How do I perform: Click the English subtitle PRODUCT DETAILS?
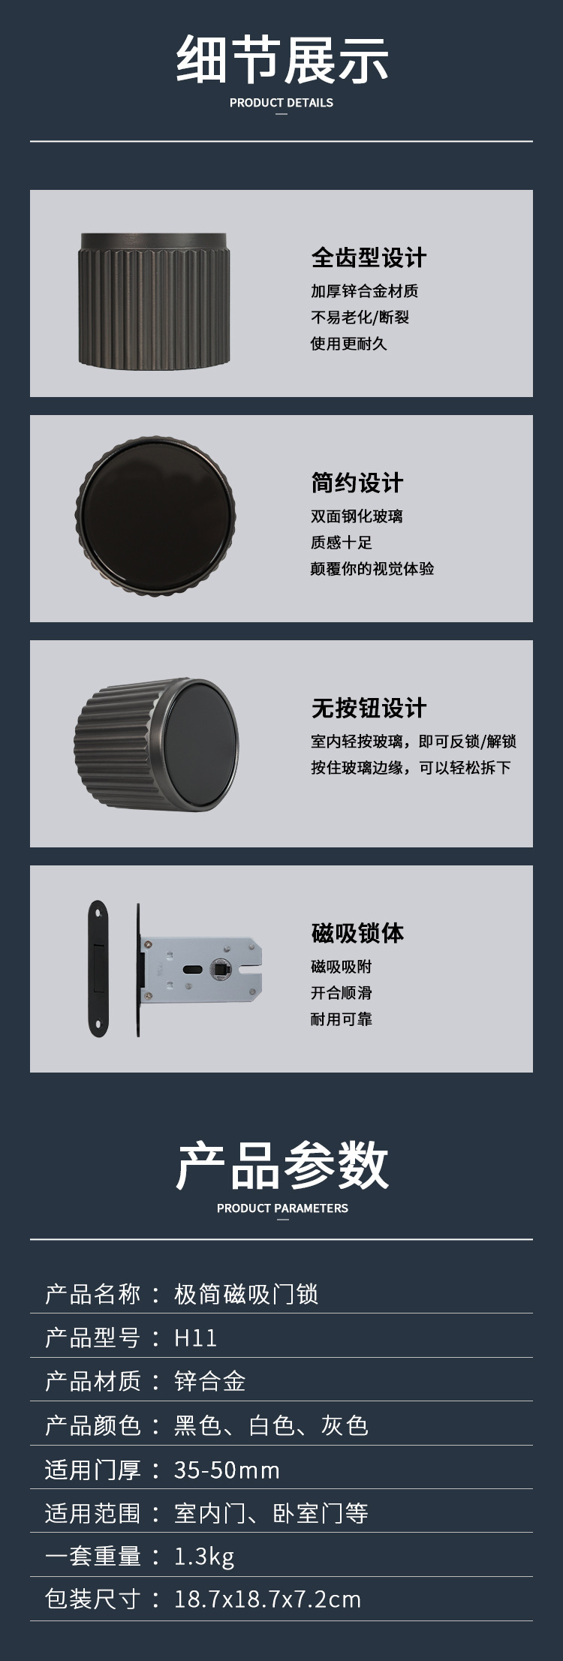coord(281,103)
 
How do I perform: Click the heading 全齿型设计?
coord(369,257)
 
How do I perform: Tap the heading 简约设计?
coord(357,483)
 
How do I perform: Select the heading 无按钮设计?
coord(369,708)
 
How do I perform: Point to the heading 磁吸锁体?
coord(357,933)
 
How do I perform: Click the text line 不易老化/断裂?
coord(360,317)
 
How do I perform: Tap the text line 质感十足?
coord(342,542)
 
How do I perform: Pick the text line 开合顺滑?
coord(342,992)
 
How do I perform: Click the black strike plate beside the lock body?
coord(97,968)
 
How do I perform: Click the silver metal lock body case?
coord(201,969)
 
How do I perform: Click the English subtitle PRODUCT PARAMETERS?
coord(282,1208)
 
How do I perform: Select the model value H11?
coord(195,1338)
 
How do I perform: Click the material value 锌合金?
coord(210,1381)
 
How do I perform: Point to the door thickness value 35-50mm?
coord(227,1470)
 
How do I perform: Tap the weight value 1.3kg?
coord(204,1557)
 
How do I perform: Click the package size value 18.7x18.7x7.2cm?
coord(267,1599)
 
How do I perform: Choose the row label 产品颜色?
coord(93,1425)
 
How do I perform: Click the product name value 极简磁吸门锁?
coord(246,1294)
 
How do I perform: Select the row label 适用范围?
coord(93,1513)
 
